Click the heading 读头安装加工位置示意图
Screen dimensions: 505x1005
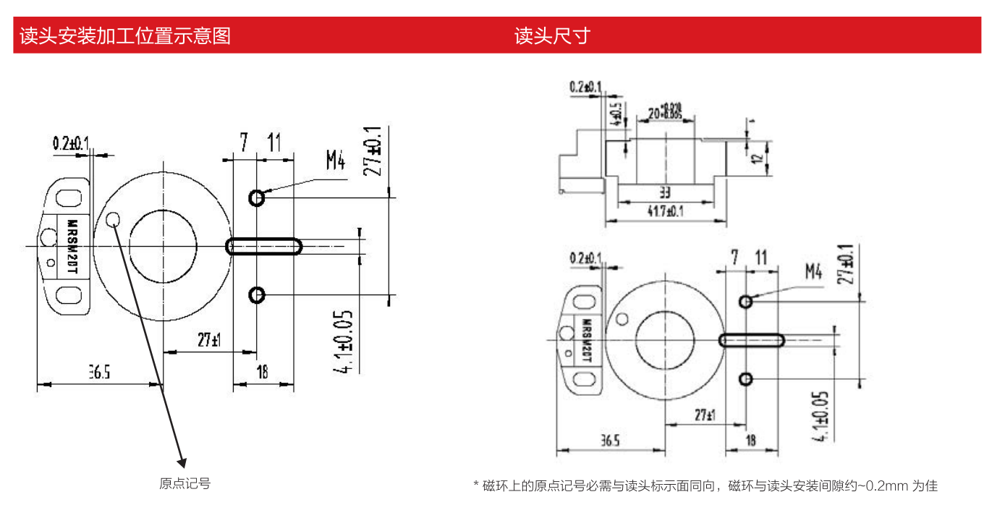tap(125, 35)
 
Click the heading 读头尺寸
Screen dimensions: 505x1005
tap(552, 35)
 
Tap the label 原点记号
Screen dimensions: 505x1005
tap(185, 483)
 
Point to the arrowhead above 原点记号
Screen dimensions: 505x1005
tap(182, 460)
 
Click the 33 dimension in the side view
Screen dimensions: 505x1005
tap(665, 192)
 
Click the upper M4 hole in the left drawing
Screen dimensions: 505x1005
tap(257, 197)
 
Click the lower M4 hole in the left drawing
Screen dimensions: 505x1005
tap(257, 294)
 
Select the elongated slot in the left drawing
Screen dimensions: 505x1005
tap(264, 246)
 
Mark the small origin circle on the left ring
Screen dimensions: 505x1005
tap(114, 220)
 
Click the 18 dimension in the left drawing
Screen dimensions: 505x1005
tap(262, 372)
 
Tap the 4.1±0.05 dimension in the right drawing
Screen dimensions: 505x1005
tap(820, 416)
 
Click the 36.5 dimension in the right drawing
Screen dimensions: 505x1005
tap(609, 440)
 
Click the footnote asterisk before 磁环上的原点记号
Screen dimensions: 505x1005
tap(476, 484)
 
